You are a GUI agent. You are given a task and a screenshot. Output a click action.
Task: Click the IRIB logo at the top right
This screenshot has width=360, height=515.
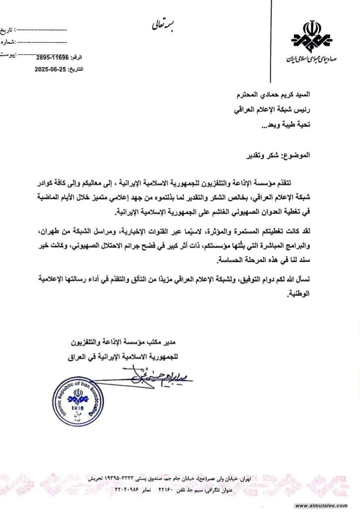(311, 37)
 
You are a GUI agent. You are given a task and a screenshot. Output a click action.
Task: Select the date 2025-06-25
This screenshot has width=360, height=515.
(51, 69)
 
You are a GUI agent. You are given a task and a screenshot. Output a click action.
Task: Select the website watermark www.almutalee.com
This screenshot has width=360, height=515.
(321, 506)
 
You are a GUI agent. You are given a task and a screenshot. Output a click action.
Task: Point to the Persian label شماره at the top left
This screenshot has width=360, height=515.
(7, 41)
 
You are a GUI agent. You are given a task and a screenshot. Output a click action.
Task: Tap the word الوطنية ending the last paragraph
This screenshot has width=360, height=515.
(299, 294)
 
